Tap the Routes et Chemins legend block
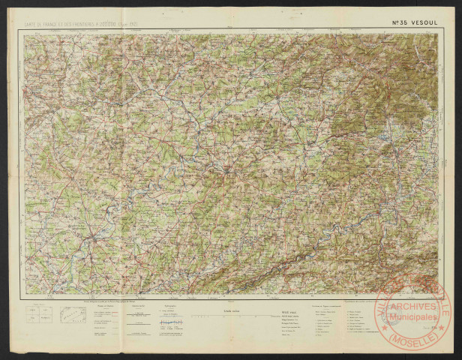tap(105, 319)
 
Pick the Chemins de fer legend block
tap(139, 315)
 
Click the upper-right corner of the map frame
tap(438, 34)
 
